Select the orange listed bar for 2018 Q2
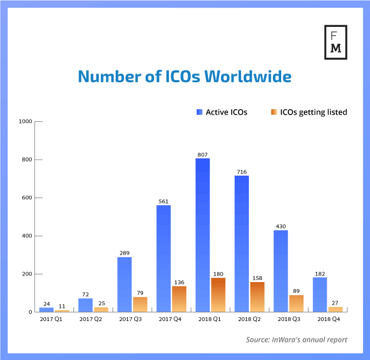pos(257,297)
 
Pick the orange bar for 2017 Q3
pos(140,304)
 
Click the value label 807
pos(202,154)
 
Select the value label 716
pos(242,172)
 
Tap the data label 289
pos(124,253)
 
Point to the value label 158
pos(257,278)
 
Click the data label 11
pos(62,306)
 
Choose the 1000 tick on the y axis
pos(25,121)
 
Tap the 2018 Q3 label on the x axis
pos(288,318)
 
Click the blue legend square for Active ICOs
pos(199,112)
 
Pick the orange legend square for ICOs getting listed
pos(274,112)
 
